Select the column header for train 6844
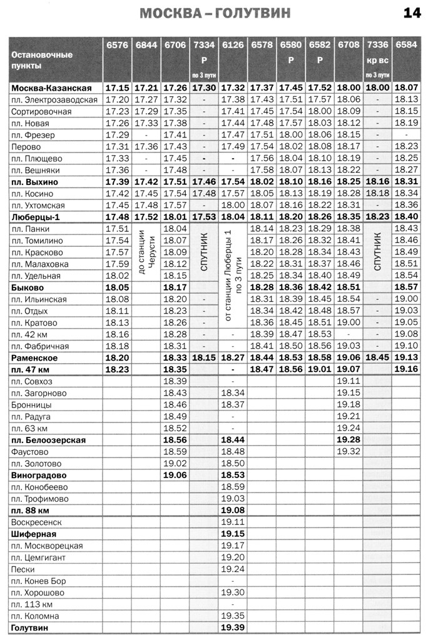pyautogui.click(x=146, y=45)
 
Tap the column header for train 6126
pyautogui.click(x=233, y=45)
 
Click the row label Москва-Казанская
pyautogui.click(x=51, y=88)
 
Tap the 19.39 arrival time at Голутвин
pyautogui.click(x=233, y=627)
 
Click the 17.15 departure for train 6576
pyautogui.click(x=117, y=88)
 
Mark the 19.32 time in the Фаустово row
pyautogui.click(x=349, y=451)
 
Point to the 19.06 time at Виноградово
pyautogui.click(x=175, y=475)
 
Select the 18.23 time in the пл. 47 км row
pyautogui.click(x=117, y=369)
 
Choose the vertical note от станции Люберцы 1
pyautogui.click(x=233, y=275)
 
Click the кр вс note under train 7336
pyautogui.click(x=377, y=61)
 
